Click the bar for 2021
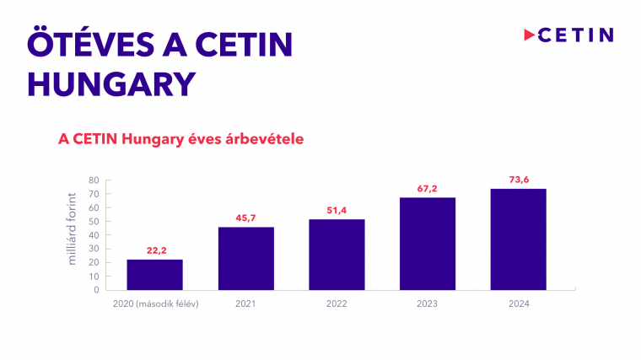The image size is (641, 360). [x=245, y=258]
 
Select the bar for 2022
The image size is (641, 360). [x=337, y=254]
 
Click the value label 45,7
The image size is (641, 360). [x=245, y=219]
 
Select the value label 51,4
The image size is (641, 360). [x=337, y=211]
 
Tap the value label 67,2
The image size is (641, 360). [x=427, y=189]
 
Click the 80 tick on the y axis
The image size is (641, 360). [x=94, y=180]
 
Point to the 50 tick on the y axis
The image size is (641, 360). [x=94, y=222]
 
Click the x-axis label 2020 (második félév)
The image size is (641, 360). [x=155, y=304]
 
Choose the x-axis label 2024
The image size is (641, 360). [x=518, y=304]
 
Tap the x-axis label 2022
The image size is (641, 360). [x=337, y=304]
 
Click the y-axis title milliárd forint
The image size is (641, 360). [x=73, y=229]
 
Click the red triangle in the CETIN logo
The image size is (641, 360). [x=530, y=35]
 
